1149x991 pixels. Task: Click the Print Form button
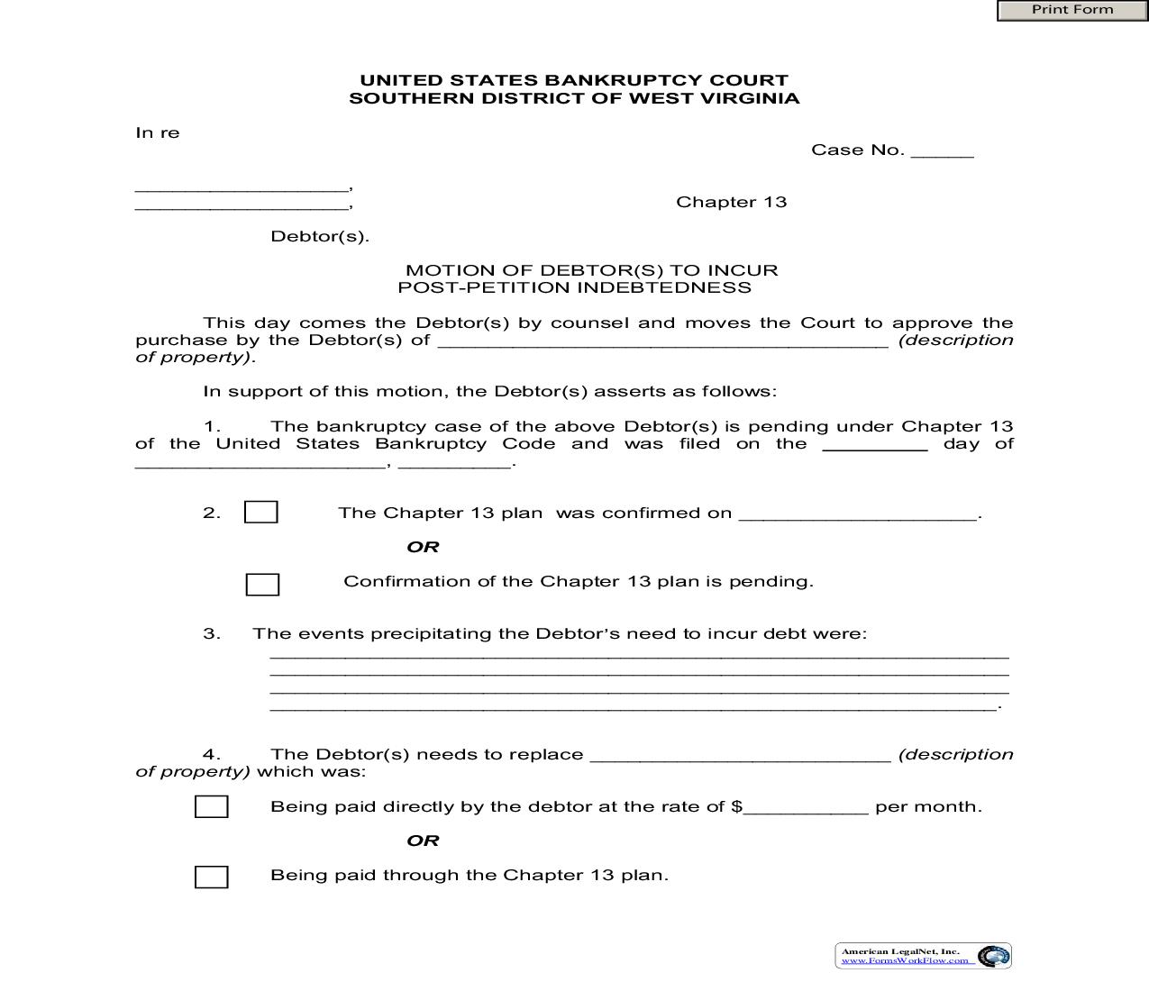coord(1071,10)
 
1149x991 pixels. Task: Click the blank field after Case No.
coord(942,151)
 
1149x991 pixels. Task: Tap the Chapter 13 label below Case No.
coord(731,202)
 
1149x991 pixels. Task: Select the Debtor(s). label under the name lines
coord(320,237)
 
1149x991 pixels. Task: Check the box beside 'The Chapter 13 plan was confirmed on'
coord(261,513)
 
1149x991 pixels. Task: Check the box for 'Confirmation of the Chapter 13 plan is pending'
coord(262,585)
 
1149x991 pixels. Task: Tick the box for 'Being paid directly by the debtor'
coord(212,806)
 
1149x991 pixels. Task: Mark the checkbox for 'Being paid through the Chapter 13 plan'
coord(212,877)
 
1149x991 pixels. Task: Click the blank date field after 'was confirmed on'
coord(857,514)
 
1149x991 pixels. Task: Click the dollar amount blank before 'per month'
coord(806,808)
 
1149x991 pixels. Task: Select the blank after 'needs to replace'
coord(740,756)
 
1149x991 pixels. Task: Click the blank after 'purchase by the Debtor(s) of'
coord(663,341)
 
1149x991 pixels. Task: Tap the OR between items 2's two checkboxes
coord(423,547)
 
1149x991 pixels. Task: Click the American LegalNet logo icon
coord(993,956)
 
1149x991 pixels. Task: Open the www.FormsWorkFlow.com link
coord(905,960)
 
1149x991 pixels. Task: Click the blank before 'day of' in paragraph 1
coord(875,445)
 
